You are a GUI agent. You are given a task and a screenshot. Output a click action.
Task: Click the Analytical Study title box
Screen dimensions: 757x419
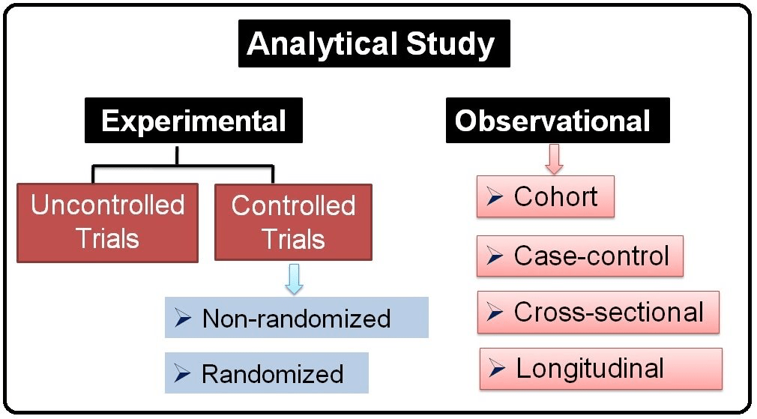(374, 43)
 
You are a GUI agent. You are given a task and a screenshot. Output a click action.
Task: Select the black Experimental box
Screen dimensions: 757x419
(193, 120)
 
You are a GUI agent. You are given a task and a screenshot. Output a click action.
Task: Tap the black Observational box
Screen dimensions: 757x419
(558, 120)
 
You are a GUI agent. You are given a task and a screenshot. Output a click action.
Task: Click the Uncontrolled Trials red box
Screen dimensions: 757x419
(108, 223)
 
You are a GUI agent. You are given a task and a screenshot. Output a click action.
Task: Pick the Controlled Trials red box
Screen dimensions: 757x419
(294, 223)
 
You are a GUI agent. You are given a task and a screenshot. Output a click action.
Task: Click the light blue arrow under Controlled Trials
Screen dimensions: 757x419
(294, 279)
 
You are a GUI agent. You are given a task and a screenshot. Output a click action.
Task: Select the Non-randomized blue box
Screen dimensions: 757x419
(296, 318)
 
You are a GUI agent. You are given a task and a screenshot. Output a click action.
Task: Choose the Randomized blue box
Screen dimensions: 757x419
(267, 373)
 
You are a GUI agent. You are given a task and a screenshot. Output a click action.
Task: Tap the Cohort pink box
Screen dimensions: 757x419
(546, 196)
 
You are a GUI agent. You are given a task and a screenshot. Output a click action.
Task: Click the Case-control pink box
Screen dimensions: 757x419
(580, 256)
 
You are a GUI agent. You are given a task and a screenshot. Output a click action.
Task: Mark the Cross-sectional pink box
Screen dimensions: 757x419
(598, 313)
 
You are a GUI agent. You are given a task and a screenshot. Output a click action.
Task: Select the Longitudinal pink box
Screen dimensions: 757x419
(601, 369)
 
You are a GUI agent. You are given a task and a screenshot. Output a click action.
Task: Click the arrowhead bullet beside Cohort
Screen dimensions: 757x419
(495, 197)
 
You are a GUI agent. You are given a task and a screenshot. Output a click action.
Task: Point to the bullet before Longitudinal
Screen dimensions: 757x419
(497, 369)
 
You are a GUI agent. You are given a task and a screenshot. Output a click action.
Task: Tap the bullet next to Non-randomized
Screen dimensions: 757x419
(183, 318)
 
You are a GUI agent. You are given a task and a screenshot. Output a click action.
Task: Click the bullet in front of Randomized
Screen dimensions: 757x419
(182, 373)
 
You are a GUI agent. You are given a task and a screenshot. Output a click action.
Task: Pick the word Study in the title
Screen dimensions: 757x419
(450, 45)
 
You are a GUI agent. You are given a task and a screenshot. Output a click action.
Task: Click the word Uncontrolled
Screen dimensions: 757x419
(108, 205)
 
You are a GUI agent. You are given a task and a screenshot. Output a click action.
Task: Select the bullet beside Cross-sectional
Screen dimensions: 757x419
(495, 313)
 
